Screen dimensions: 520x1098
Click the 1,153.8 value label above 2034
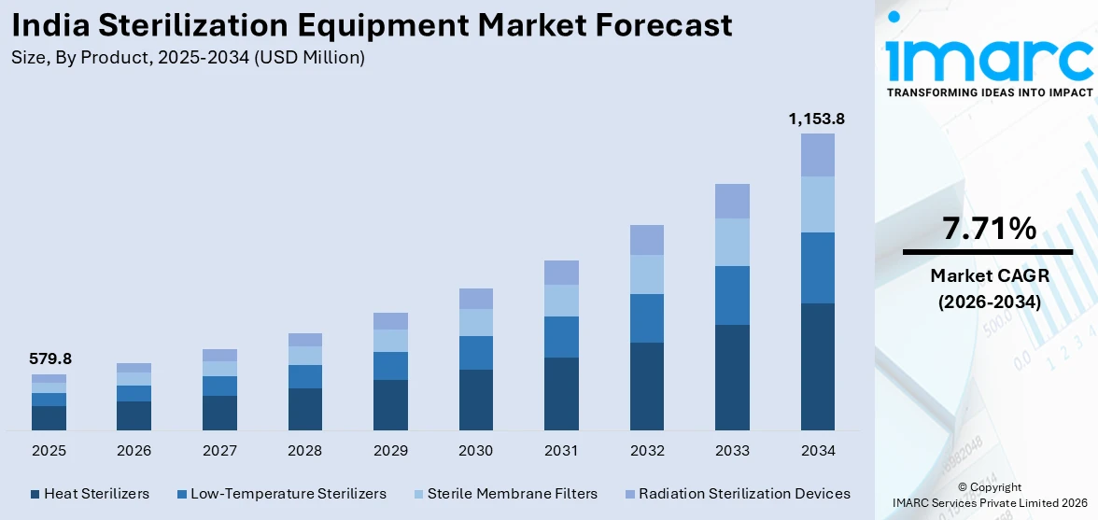(817, 119)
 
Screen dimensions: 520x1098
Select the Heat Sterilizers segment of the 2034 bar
(817, 366)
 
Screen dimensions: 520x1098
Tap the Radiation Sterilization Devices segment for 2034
(817, 155)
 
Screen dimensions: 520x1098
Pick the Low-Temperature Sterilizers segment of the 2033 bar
(732, 295)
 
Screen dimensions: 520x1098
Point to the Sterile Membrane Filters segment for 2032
(646, 274)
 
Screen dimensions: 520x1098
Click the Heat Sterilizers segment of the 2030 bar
(475, 400)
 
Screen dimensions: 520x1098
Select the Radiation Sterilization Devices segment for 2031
(561, 273)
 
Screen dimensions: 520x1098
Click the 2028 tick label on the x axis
(304, 451)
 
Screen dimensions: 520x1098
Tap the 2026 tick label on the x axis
(134, 451)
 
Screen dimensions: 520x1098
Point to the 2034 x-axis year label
(817, 451)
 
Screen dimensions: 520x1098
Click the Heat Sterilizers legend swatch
(35, 494)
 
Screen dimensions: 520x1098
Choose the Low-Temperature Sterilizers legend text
(288, 494)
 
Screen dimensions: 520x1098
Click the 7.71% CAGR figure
(989, 228)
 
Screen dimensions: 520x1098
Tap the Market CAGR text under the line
(989, 275)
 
